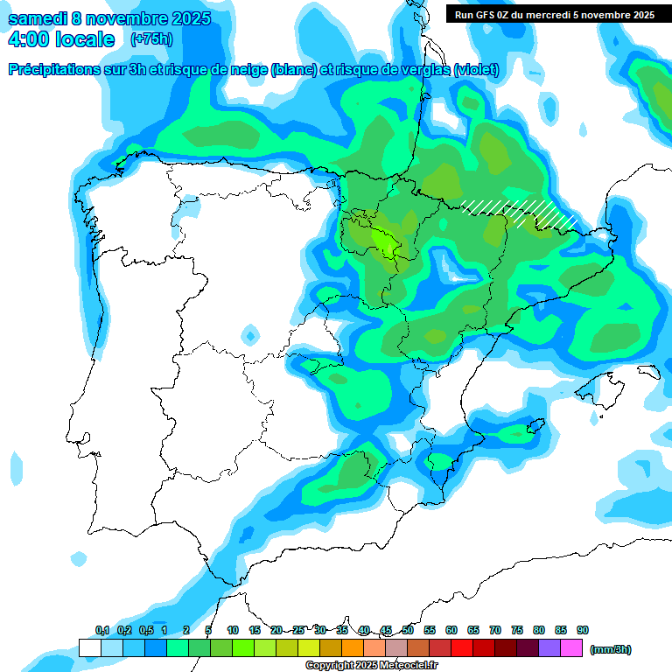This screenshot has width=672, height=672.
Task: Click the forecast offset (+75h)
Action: pos(151,39)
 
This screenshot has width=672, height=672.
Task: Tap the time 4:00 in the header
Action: pos(28,39)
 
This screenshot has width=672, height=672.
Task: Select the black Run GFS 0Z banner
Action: pos(554,15)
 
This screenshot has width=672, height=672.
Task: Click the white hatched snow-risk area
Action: pos(521,211)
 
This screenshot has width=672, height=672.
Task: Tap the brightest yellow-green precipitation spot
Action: pos(384,241)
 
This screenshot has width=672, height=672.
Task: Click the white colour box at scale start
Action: pos(89,648)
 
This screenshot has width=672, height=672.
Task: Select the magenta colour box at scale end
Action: pos(572,648)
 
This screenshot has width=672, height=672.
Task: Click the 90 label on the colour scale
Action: pos(583,630)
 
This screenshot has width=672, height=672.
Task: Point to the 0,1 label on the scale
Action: pos(102,630)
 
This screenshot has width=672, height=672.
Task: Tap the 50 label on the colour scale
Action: pos(408,630)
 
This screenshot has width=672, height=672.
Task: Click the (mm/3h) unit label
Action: pos(611,649)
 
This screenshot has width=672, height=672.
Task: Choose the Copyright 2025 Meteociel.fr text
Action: pos(371,666)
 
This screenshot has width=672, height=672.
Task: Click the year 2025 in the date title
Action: pos(185,19)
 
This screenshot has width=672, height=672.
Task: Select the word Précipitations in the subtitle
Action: pos(54,70)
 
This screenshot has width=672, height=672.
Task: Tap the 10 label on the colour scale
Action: pos(233,630)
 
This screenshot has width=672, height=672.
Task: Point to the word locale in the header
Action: pos(84,39)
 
